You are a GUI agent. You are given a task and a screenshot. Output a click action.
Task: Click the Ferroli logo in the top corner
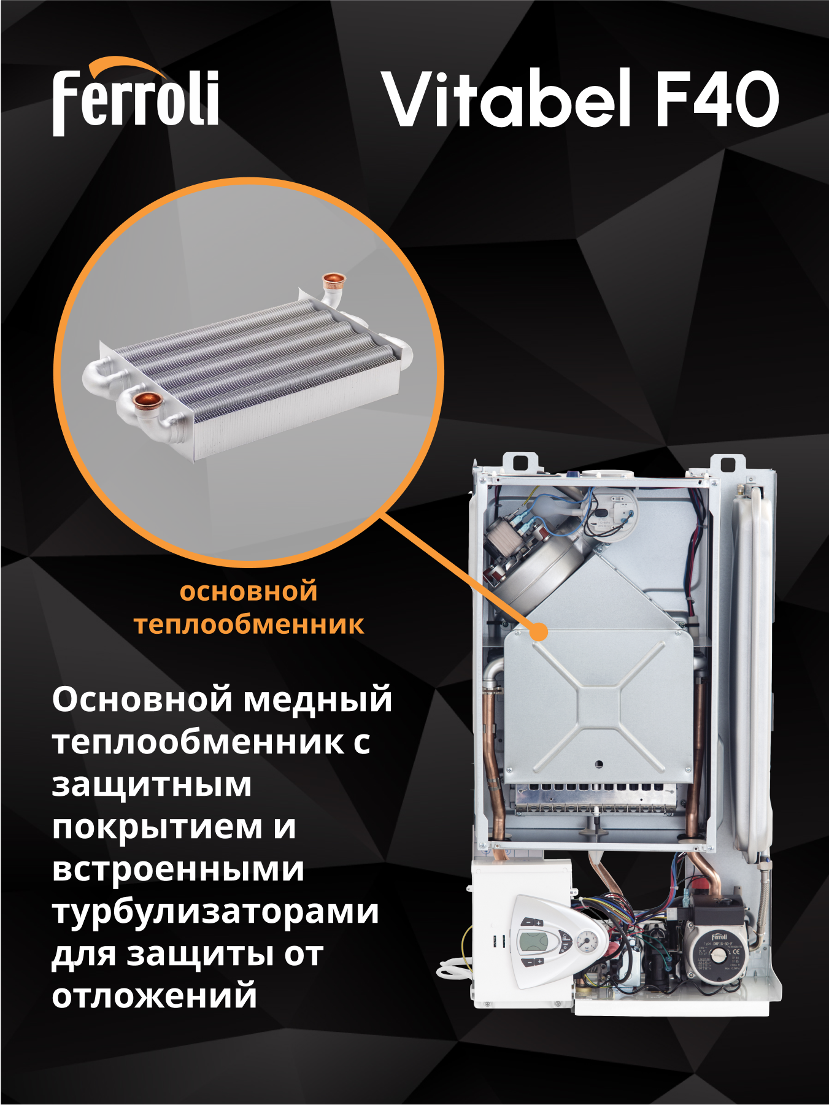135,98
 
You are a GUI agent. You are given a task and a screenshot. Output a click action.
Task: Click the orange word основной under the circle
249,592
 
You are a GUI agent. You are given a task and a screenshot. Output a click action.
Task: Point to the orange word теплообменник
249,625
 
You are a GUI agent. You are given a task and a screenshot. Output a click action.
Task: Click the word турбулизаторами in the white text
215,912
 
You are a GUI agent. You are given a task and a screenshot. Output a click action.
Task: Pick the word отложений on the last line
154,996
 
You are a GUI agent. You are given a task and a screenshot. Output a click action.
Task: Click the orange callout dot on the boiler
539,631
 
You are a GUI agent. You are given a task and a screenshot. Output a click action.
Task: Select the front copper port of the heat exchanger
146,402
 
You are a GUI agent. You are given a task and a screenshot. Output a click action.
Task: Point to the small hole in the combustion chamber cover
599,764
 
